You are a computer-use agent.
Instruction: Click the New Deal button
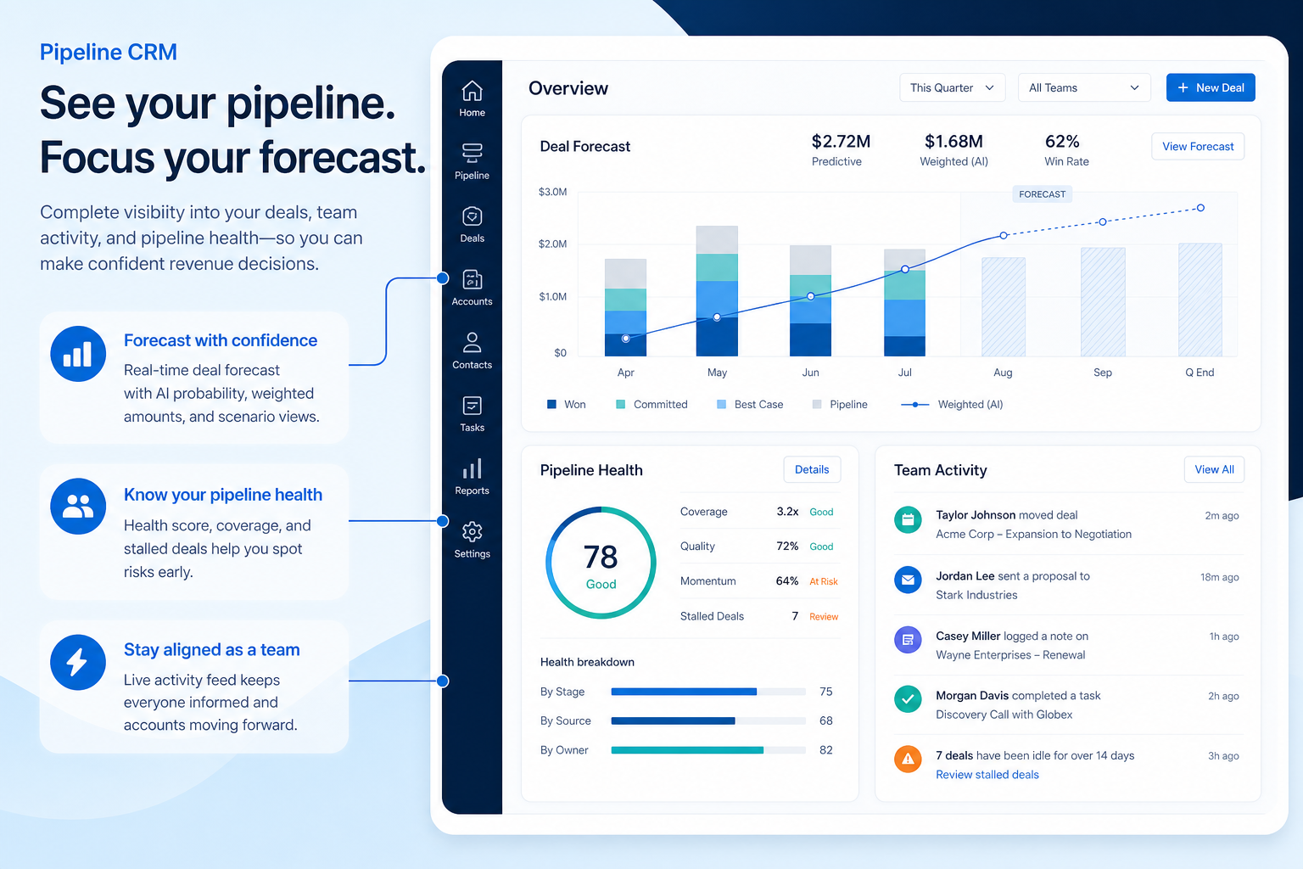[x=1210, y=87]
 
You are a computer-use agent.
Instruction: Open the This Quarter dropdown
[x=952, y=87]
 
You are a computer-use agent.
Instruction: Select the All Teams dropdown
[x=1083, y=87]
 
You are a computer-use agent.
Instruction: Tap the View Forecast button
[x=1197, y=146]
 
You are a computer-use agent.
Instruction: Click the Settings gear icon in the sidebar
[x=472, y=531]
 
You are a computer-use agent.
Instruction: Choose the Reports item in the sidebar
[x=472, y=477]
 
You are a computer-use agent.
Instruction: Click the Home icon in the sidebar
[x=472, y=91]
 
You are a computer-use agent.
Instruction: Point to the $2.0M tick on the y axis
[x=552, y=244]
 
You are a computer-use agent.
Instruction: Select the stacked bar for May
[x=717, y=290]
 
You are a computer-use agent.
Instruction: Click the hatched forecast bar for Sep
[x=1102, y=301]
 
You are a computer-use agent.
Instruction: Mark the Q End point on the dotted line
[x=1200, y=208]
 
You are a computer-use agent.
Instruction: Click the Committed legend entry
[x=651, y=404]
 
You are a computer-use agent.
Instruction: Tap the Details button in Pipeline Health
[x=812, y=469]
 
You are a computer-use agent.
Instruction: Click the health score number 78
[x=601, y=557]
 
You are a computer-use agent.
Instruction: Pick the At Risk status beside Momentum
[x=823, y=581]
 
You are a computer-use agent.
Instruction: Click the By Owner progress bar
[x=708, y=749]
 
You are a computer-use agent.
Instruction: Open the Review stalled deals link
[x=987, y=774]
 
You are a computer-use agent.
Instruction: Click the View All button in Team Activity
[x=1213, y=469]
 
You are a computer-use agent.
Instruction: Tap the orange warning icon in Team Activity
[x=908, y=759]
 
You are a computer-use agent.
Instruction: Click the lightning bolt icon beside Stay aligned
[x=78, y=662]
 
